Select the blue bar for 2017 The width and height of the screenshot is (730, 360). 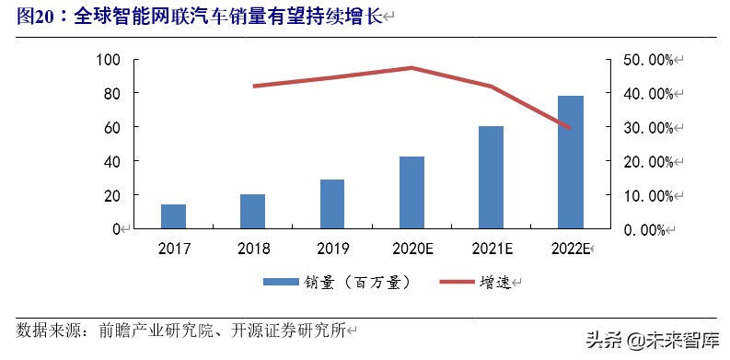(x=173, y=216)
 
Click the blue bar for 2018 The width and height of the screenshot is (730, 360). (x=252, y=211)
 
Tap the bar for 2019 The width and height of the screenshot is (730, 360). (x=332, y=203)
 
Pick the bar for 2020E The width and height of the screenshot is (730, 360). (x=411, y=192)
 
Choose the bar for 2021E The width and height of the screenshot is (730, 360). (x=491, y=177)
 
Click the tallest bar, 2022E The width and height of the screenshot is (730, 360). (x=571, y=162)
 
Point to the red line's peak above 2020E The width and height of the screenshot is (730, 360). (x=411, y=67)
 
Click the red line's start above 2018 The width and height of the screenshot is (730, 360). (x=253, y=86)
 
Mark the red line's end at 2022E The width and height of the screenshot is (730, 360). (x=571, y=128)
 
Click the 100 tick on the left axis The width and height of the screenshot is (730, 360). (x=109, y=60)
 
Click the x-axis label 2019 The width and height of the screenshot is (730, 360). (x=332, y=249)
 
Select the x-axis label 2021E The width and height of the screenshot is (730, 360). (x=491, y=249)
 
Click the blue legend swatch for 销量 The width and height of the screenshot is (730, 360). (x=280, y=282)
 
